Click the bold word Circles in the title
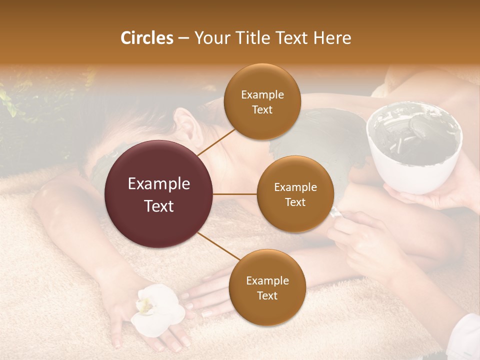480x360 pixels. [146, 38]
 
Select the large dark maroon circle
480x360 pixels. [159, 194]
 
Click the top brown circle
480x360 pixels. [262, 101]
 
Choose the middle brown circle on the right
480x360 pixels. [295, 194]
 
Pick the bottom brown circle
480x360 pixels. [267, 287]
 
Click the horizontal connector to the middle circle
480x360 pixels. [235, 194]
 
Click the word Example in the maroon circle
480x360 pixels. [159, 184]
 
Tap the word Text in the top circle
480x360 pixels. [262, 109]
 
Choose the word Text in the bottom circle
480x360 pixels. [267, 295]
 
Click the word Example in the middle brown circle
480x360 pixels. [295, 187]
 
